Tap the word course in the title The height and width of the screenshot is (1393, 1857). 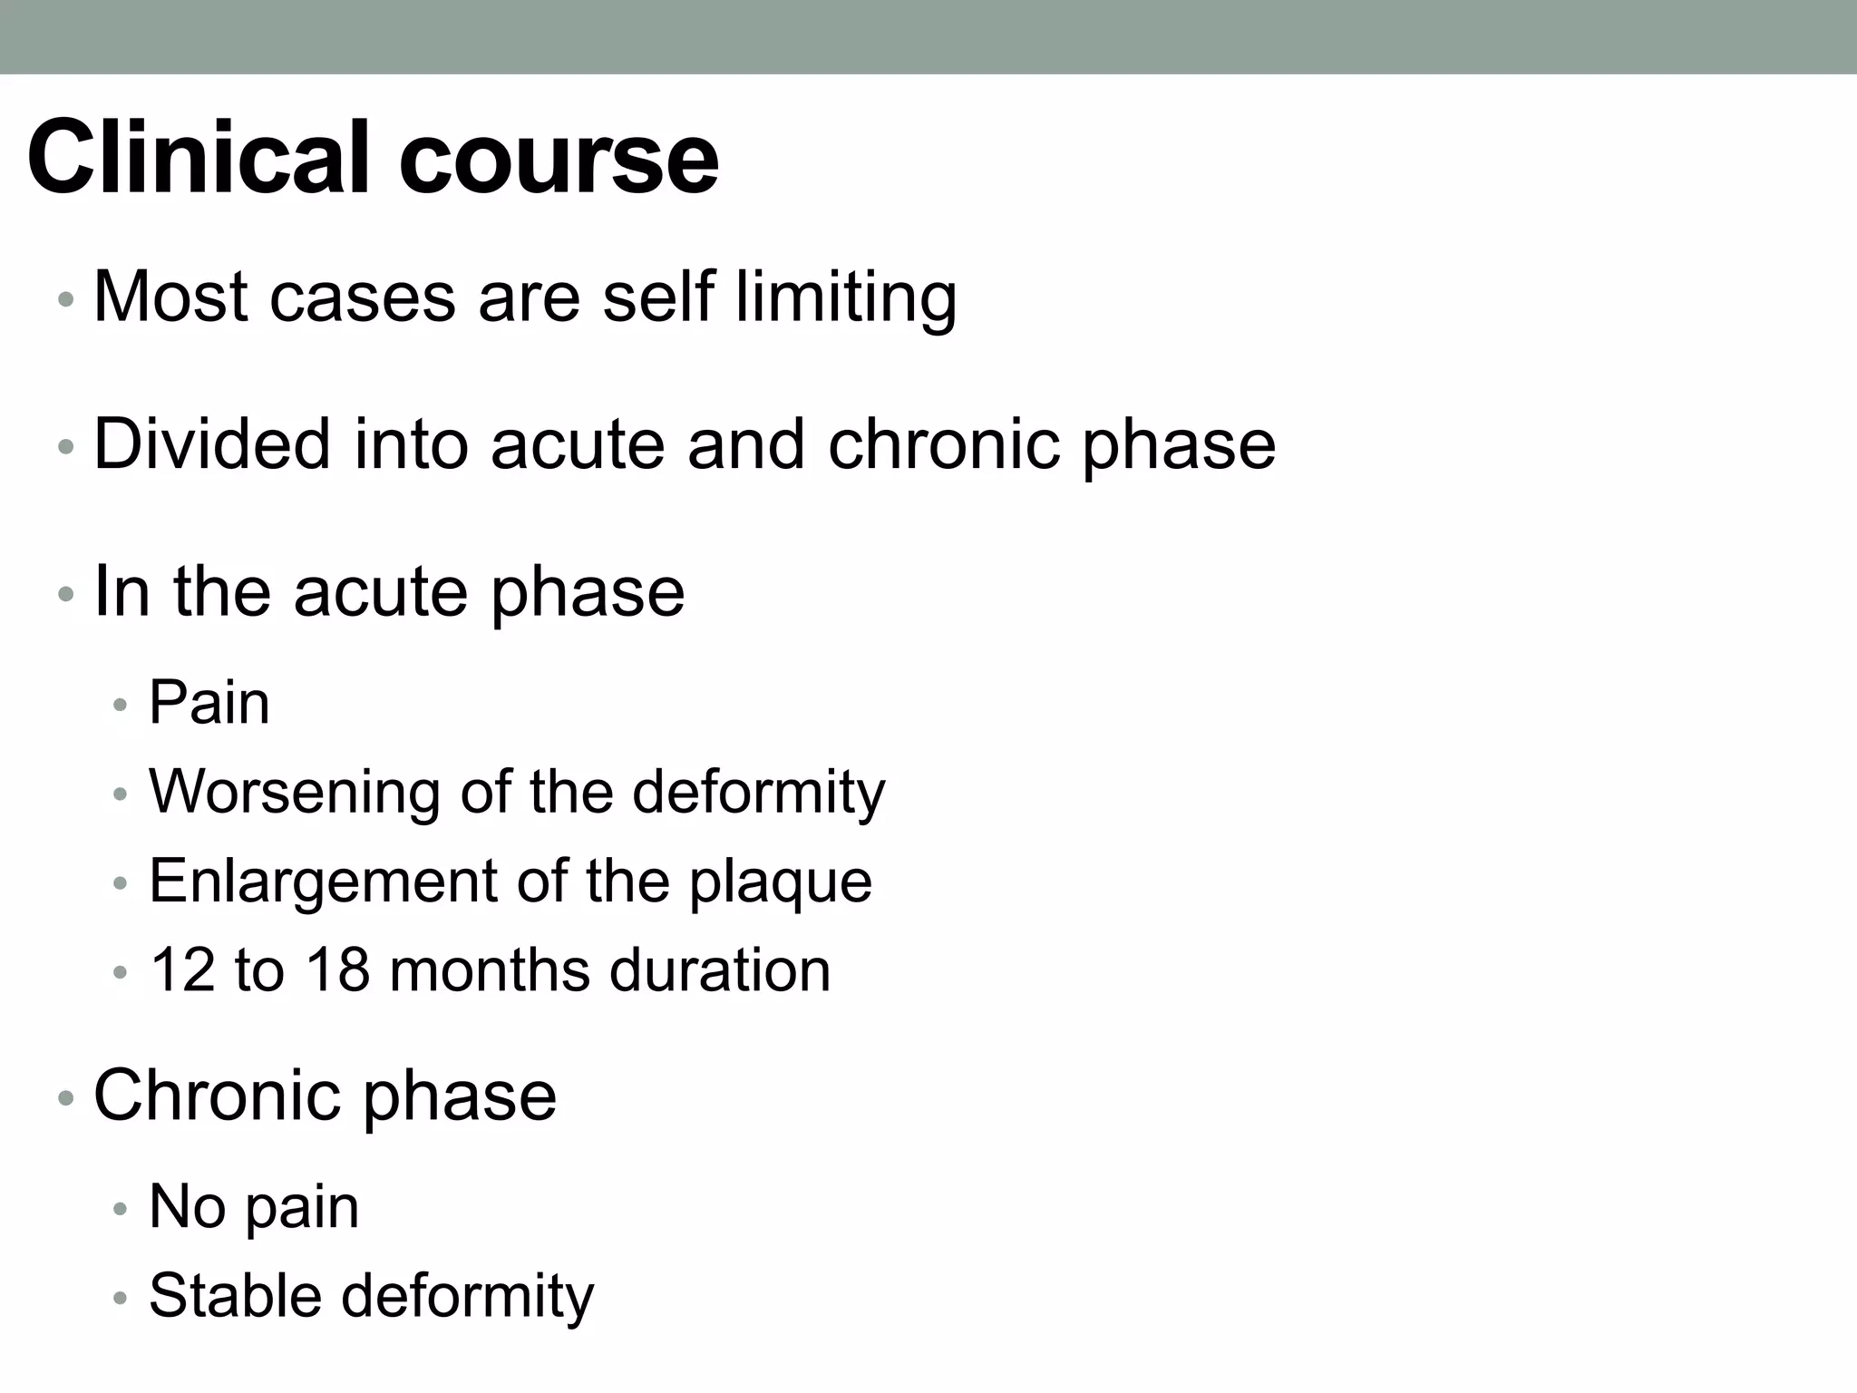[x=559, y=159]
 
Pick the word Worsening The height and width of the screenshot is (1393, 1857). [x=294, y=792]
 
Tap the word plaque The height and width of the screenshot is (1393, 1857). [x=781, y=882]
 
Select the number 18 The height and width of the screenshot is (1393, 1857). [x=337, y=969]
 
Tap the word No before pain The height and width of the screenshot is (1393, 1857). [x=187, y=1206]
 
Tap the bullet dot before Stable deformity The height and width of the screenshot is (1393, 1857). [x=121, y=1299]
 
